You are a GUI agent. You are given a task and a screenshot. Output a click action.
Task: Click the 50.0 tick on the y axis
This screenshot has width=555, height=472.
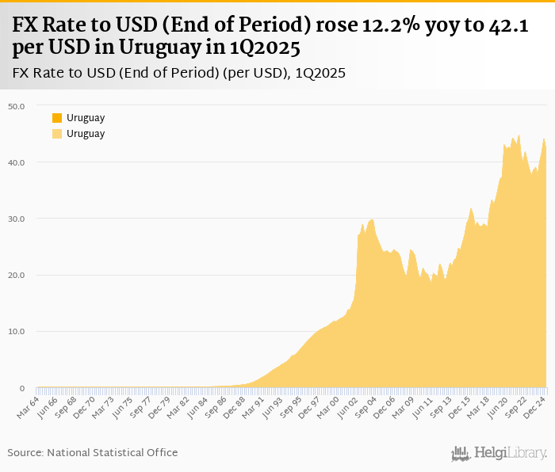(17, 105)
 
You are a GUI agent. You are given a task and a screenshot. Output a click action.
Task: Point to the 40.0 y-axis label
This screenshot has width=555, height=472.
(17, 162)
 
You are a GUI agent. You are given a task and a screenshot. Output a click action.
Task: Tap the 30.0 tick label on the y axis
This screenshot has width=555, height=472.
(17, 219)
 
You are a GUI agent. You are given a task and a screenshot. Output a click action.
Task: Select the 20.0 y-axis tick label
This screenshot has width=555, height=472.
(17, 276)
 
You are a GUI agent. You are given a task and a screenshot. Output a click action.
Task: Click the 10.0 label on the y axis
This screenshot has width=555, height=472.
(17, 332)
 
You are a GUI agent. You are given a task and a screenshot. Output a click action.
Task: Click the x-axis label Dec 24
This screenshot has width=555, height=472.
(534, 405)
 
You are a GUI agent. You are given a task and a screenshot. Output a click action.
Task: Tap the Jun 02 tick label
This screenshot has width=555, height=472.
(349, 405)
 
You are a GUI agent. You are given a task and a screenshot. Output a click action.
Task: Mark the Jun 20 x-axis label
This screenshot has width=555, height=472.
(497, 405)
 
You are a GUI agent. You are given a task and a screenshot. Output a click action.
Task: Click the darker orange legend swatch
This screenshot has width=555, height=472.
(57, 118)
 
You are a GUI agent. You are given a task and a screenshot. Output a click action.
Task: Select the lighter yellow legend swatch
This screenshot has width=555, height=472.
(57, 134)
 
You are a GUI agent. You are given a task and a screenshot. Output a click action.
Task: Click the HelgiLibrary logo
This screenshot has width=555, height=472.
(499, 453)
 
